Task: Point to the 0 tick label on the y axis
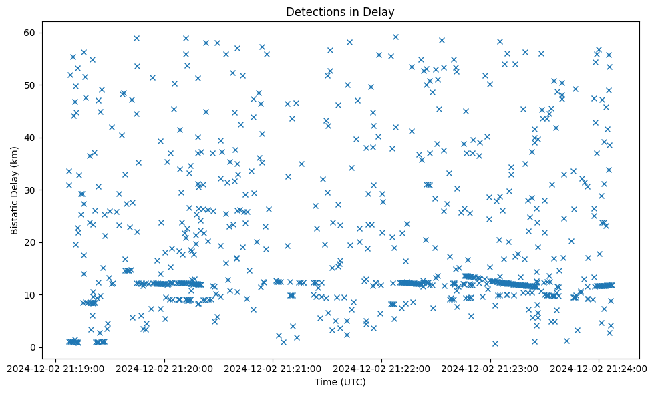coord(31,347)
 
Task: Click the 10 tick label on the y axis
coord(28,294)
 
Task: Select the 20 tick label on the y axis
coord(28,242)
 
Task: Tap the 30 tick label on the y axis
coord(28,190)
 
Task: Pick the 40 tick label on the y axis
coord(28,138)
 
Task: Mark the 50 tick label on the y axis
coord(28,85)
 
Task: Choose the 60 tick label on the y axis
coord(28,33)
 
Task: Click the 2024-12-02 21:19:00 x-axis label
coord(56,368)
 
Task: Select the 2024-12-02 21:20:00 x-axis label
coord(164,368)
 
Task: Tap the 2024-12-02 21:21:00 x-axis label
coord(273,368)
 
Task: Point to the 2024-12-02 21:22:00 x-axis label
coord(382,368)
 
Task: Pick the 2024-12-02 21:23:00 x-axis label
coord(490,368)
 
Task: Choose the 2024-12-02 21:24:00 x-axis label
coord(599,368)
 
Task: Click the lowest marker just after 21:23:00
coord(495,343)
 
